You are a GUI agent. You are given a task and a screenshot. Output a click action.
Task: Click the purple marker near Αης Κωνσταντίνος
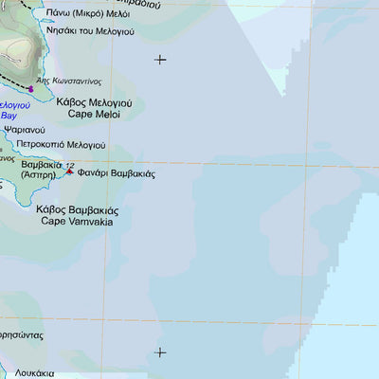[x=30, y=89]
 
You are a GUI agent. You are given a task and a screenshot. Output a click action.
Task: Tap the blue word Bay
[x=9, y=115]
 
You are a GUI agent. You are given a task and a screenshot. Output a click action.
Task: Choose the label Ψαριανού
[x=24, y=129]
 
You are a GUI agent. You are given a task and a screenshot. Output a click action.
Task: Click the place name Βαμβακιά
[x=41, y=164]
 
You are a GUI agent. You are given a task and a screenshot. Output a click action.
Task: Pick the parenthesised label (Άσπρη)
[x=38, y=176]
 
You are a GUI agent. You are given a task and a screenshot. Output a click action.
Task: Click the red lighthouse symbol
[x=69, y=171]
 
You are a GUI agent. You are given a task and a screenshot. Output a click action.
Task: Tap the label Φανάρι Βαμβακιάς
[x=117, y=174]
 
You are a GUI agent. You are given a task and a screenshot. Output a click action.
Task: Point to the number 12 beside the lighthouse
[x=69, y=164]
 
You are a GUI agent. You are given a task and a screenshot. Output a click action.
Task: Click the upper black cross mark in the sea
[x=160, y=60]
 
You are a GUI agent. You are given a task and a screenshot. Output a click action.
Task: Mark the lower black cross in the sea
[x=160, y=352]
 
